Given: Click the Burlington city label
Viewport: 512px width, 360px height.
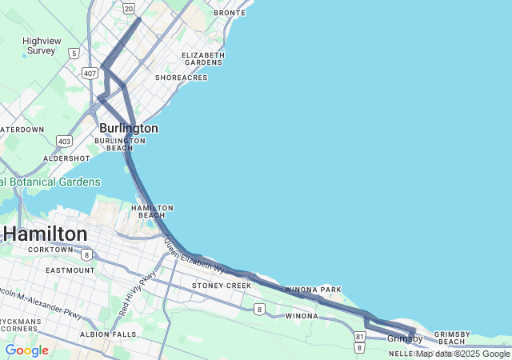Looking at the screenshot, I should (x=128, y=128).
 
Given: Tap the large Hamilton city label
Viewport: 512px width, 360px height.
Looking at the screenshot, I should (x=46, y=234).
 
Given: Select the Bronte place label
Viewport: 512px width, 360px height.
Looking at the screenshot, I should (x=230, y=13).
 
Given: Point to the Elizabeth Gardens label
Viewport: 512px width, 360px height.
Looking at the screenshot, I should (x=202, y=58).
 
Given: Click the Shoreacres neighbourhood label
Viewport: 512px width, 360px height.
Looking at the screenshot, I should (x=181, y=78).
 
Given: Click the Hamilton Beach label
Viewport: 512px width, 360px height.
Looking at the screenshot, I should (x=152, y=211).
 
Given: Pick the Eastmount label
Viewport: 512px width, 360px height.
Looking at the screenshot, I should (x=70, y=270).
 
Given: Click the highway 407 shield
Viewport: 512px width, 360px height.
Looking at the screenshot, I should (x=90, y=73).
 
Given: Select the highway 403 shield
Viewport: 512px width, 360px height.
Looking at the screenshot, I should (x=65, y=141).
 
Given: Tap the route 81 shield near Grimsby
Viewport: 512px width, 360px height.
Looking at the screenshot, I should (x=360, y=337).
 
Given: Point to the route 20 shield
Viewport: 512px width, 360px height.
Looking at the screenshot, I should (x=129, y=7).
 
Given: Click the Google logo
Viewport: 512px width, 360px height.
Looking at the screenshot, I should (x=26, y=350).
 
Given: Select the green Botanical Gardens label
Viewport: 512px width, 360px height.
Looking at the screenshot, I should (x=50, y=182).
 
